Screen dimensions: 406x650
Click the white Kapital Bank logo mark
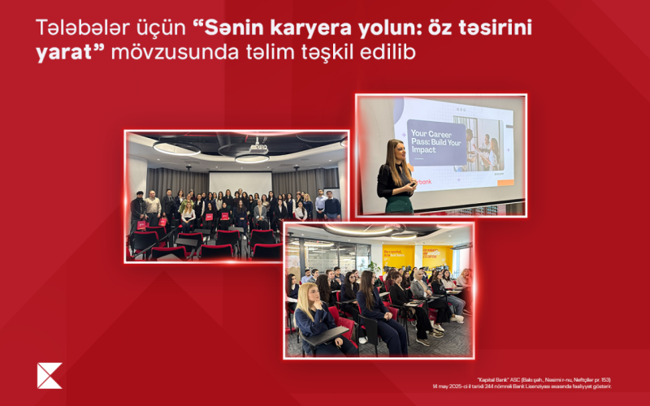[x=49, y=374]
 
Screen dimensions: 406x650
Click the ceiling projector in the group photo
[x=258, y=147]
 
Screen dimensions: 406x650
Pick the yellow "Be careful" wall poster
[x=398, y=258]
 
